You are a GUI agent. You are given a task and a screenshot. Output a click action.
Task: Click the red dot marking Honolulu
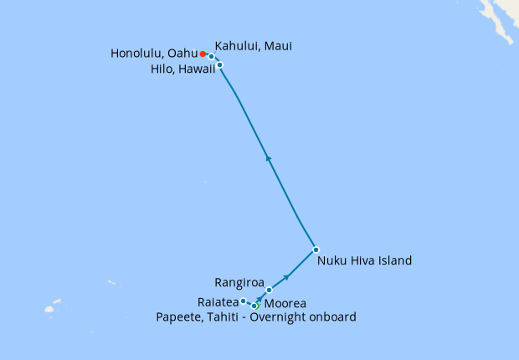click(x=203, y=54)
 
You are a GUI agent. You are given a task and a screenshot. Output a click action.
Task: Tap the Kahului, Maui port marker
click(x=212, y=57)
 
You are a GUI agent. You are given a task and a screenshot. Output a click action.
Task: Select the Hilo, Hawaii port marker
click(x=219, y=64)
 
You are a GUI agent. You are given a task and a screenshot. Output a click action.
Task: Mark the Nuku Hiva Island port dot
click(x=316, y=249)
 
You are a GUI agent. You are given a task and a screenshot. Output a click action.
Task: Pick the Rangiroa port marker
click(x=270, y=290)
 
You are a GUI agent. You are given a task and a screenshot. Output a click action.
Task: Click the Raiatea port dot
click(x=243, y=301)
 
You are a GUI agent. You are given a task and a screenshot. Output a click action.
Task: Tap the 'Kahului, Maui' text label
click(x=254, y=45)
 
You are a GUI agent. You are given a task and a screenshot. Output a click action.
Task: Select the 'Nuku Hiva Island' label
click(x=365, y=260)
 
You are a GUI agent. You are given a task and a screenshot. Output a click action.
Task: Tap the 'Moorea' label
click(x=285, y=303)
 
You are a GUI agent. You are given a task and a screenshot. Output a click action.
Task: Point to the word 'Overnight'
click(x=282, y=317)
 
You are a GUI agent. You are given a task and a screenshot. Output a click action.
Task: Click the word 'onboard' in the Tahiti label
click(x=334, y=317)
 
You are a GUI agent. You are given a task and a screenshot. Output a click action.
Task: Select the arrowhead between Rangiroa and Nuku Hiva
click(x=288, y=276)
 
